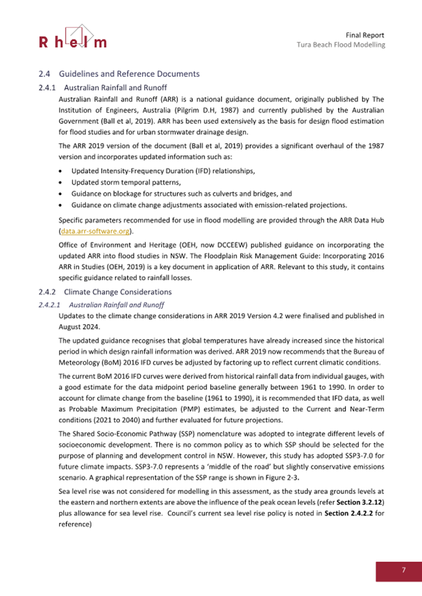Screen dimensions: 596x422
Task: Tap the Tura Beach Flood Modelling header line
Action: point(340,45)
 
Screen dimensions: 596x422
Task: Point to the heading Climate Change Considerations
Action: point(116,291)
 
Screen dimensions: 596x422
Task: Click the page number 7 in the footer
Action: point(404,570)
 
